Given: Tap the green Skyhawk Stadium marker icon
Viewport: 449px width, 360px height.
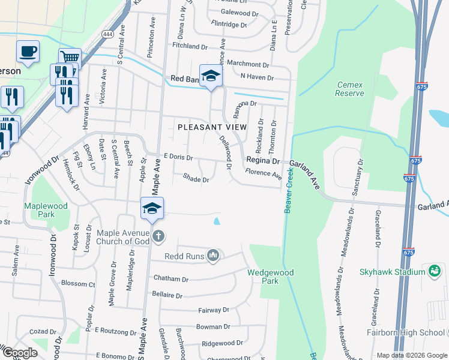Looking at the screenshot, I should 433,271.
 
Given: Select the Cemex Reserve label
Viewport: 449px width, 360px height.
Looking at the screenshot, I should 350,89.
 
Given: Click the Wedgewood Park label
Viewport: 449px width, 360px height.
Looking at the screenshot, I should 271,277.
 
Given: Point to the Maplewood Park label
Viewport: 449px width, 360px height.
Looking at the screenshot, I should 46,210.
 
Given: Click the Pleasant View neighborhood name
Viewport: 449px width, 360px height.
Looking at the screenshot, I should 212,127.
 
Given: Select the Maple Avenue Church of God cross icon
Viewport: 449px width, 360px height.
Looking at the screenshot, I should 158,235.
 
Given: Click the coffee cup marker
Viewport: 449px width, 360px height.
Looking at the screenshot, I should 27,51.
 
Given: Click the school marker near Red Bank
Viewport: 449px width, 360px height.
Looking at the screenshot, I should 211,76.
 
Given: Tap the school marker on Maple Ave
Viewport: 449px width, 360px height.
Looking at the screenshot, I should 152,209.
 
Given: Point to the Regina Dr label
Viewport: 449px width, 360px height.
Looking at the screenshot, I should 264,161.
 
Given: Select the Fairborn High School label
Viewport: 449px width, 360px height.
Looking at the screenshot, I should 406,332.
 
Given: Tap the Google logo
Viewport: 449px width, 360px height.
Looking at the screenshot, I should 20,353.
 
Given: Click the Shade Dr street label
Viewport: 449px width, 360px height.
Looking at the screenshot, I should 196,179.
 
